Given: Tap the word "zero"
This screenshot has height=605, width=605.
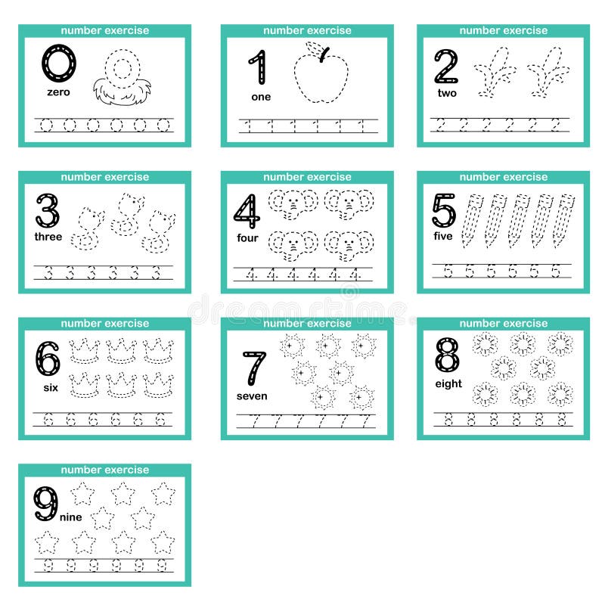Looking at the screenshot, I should (x=58, y=92).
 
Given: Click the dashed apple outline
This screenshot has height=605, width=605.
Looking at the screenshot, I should (x=321, y=79).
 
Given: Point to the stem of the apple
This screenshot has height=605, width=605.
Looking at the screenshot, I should (x=324, y=53).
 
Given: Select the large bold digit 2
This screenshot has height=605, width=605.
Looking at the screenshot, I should (x=446, y=67).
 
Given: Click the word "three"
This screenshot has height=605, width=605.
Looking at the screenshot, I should (x=48, y=237).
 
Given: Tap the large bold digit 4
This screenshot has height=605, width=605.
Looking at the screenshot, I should (x=247, y=211).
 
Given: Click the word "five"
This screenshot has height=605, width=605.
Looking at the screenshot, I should (x=443, y=237).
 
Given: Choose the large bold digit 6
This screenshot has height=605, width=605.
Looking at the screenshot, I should (x=47, y=358).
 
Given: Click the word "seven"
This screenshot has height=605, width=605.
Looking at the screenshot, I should (x=252, y=396).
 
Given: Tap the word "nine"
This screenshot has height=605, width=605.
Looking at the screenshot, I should (x=70, y=517).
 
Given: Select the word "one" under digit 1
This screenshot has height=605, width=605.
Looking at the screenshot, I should (x=261, y=97).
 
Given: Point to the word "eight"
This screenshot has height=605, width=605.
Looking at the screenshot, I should (x=448, y=384).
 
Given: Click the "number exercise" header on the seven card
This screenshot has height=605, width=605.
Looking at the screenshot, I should (x=307, y=324).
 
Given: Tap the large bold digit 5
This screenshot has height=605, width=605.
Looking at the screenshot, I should (x=444, y=210).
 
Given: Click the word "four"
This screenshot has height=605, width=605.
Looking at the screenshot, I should (x=247, y=238).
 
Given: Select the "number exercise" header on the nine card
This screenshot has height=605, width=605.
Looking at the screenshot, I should (x=105, y=470).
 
